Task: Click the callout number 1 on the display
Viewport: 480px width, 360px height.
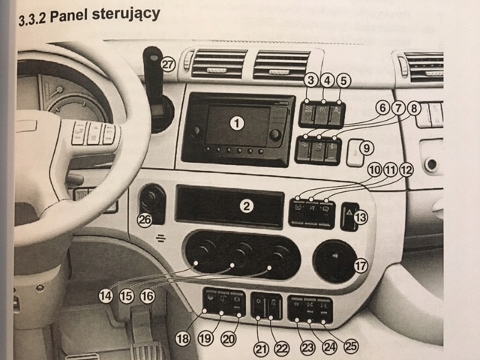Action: tap(238, 121)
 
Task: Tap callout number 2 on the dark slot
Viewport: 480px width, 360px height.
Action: tap(246, 205)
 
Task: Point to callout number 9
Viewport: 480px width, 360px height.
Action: tap(366, 148)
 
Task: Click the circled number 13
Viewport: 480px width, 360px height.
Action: tap(361, 218)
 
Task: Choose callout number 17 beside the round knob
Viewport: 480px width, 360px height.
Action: tap(361, 265)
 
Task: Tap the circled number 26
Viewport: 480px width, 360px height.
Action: tap(145, 220)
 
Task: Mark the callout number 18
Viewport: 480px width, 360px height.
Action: tap(182, 338)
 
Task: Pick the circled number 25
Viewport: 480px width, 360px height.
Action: tap(349, 346)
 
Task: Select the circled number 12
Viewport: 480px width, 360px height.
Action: tap(406, 170)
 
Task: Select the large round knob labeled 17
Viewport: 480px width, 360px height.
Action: tap(331, 261)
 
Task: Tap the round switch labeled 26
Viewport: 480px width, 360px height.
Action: tap(152, 199)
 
